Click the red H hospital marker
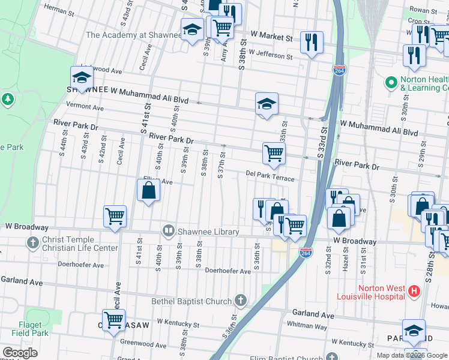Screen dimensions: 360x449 pos(414,292)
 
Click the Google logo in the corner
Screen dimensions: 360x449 pos(20,353)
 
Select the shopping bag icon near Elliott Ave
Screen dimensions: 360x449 pos(148,191)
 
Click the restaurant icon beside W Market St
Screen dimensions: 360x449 pos(311,41)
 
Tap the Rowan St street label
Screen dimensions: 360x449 pos(423,10)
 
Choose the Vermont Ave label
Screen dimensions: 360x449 pos(85,107)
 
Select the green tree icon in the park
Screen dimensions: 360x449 pos(8,98)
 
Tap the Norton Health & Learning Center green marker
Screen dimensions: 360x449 pos(391,80)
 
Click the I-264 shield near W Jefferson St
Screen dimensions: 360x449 pos(340,71)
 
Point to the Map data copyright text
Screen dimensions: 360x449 pos(412,355)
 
